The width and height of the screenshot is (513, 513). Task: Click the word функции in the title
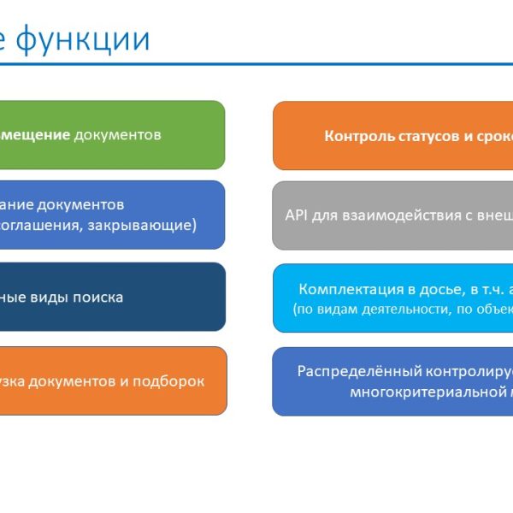click(x=83, y=39)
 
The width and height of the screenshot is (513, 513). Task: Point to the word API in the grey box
click(x=296, y=215)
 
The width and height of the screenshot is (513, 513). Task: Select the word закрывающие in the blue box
click(x=151, y=226)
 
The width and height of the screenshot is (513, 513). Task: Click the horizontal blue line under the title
click(x=256, y=64)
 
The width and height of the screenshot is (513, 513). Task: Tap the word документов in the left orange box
click(x=74, y=381)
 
